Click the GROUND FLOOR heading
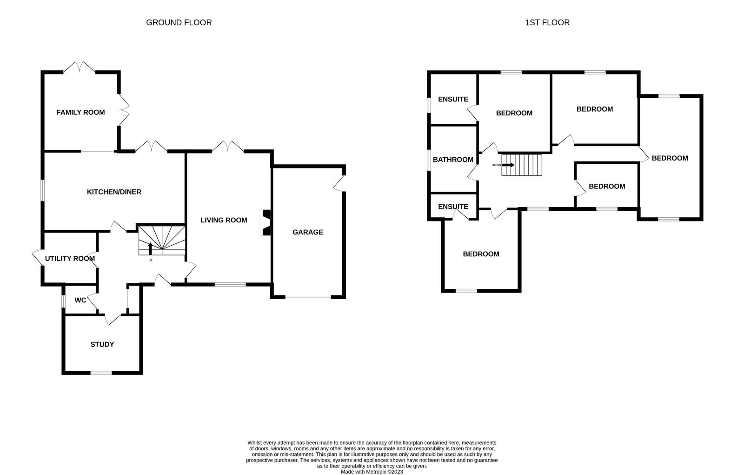point(179,23)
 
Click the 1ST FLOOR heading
point(547,23)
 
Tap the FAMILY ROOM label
point(80,112)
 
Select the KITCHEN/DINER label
point(114,192)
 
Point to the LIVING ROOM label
point(224,220)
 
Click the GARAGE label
point(307,232)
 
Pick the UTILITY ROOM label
point(70,258)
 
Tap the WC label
point(80,300)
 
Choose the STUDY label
point(102,344)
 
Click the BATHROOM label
point(453,160)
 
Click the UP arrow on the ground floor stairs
point(151,248)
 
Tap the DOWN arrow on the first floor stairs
point(508,165)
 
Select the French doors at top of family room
point(80,67)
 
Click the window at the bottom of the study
point(101,373)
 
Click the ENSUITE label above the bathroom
point(453,99)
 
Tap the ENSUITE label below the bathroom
point(453,207)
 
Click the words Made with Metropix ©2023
point(372,472)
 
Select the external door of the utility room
point(38,258)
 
